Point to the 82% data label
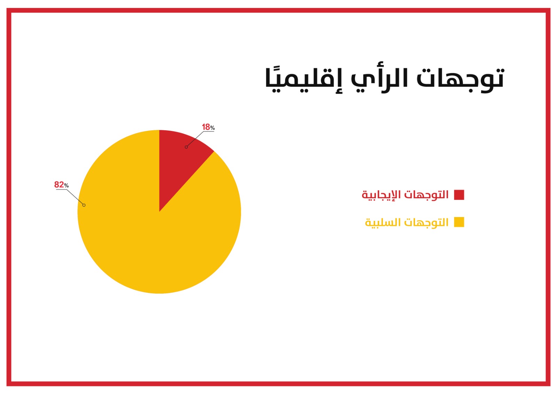click(61, 185)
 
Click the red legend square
click(459, 195)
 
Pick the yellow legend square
click(459, 222)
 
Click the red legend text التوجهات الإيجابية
click(405, 195)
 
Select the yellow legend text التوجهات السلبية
click(407, 222)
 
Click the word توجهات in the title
click(460, 79)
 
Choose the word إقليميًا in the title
click(303, 80)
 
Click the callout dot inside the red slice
click(186, 147)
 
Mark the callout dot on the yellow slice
click(84, 205)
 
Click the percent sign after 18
click(212, 128)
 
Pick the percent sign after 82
click(66, 186)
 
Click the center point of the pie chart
click(159, 212)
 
